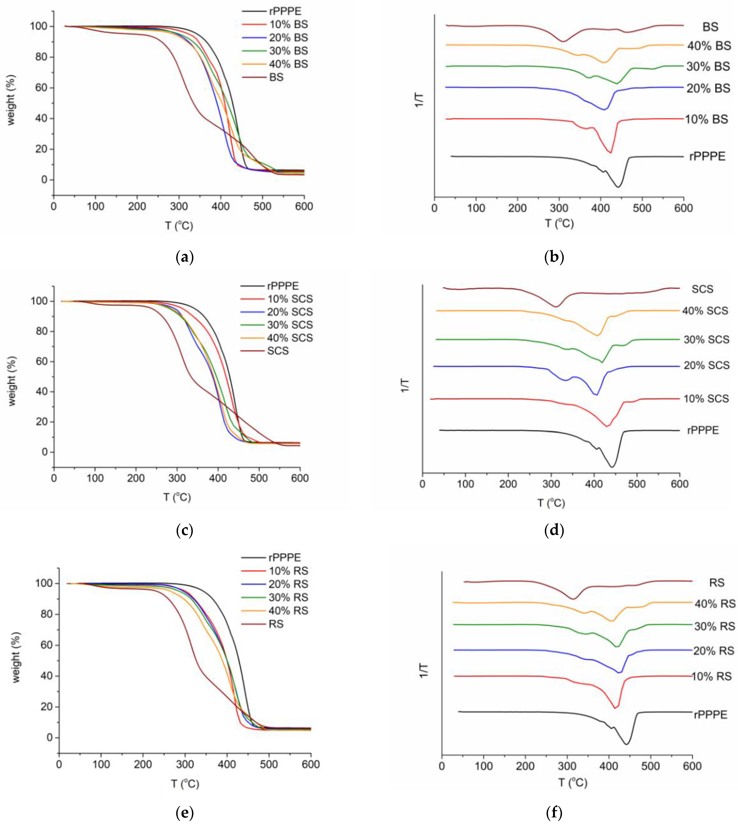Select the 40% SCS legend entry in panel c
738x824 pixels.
[x=289, y=338]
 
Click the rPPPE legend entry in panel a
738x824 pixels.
[x=285, y=11]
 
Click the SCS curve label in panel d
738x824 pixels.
[x=702, y=289]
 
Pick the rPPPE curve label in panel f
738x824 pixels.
[x=711, y=715]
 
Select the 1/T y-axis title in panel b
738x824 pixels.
[x=419, y=100]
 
